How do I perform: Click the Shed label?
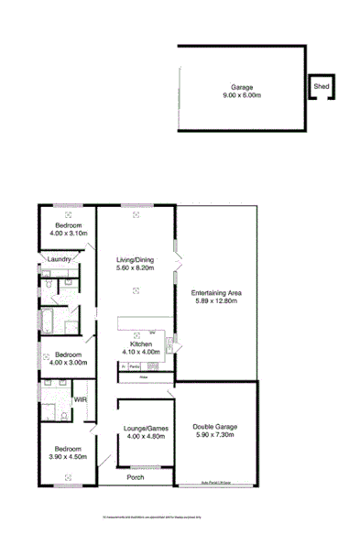tap(321, 86)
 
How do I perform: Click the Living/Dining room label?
tap(135, 260)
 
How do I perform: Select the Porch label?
tap(136, 475)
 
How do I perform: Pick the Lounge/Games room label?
tap(141, 429)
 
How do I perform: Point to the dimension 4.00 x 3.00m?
tap(69, 361)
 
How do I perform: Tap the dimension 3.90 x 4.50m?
tap(67, 456)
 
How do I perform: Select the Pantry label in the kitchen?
tap(134, 366)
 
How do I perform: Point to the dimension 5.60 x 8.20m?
tap(135, 268)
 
